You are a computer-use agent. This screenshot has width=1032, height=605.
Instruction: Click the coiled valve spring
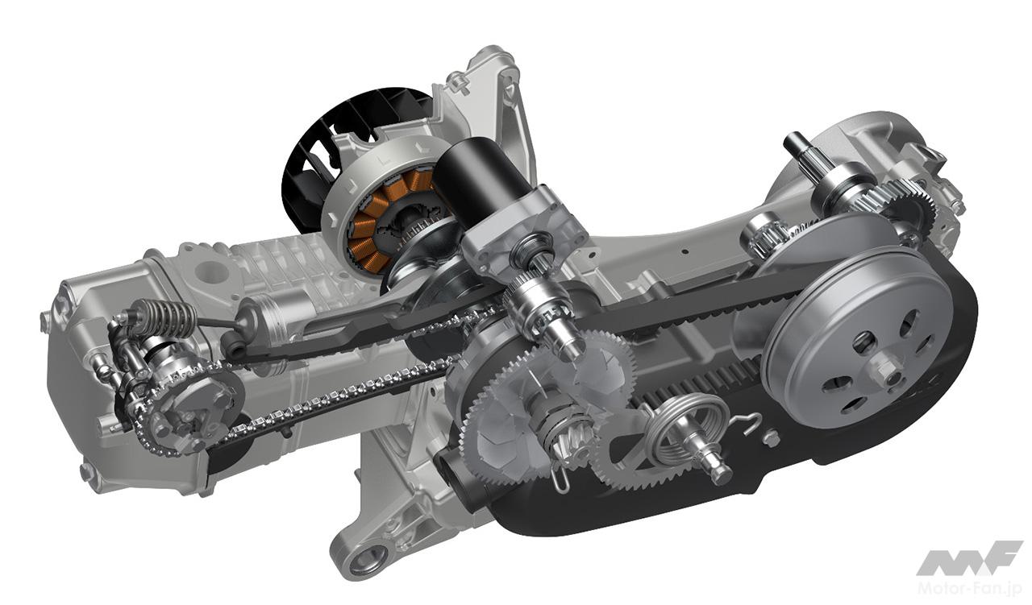[164, 317]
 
